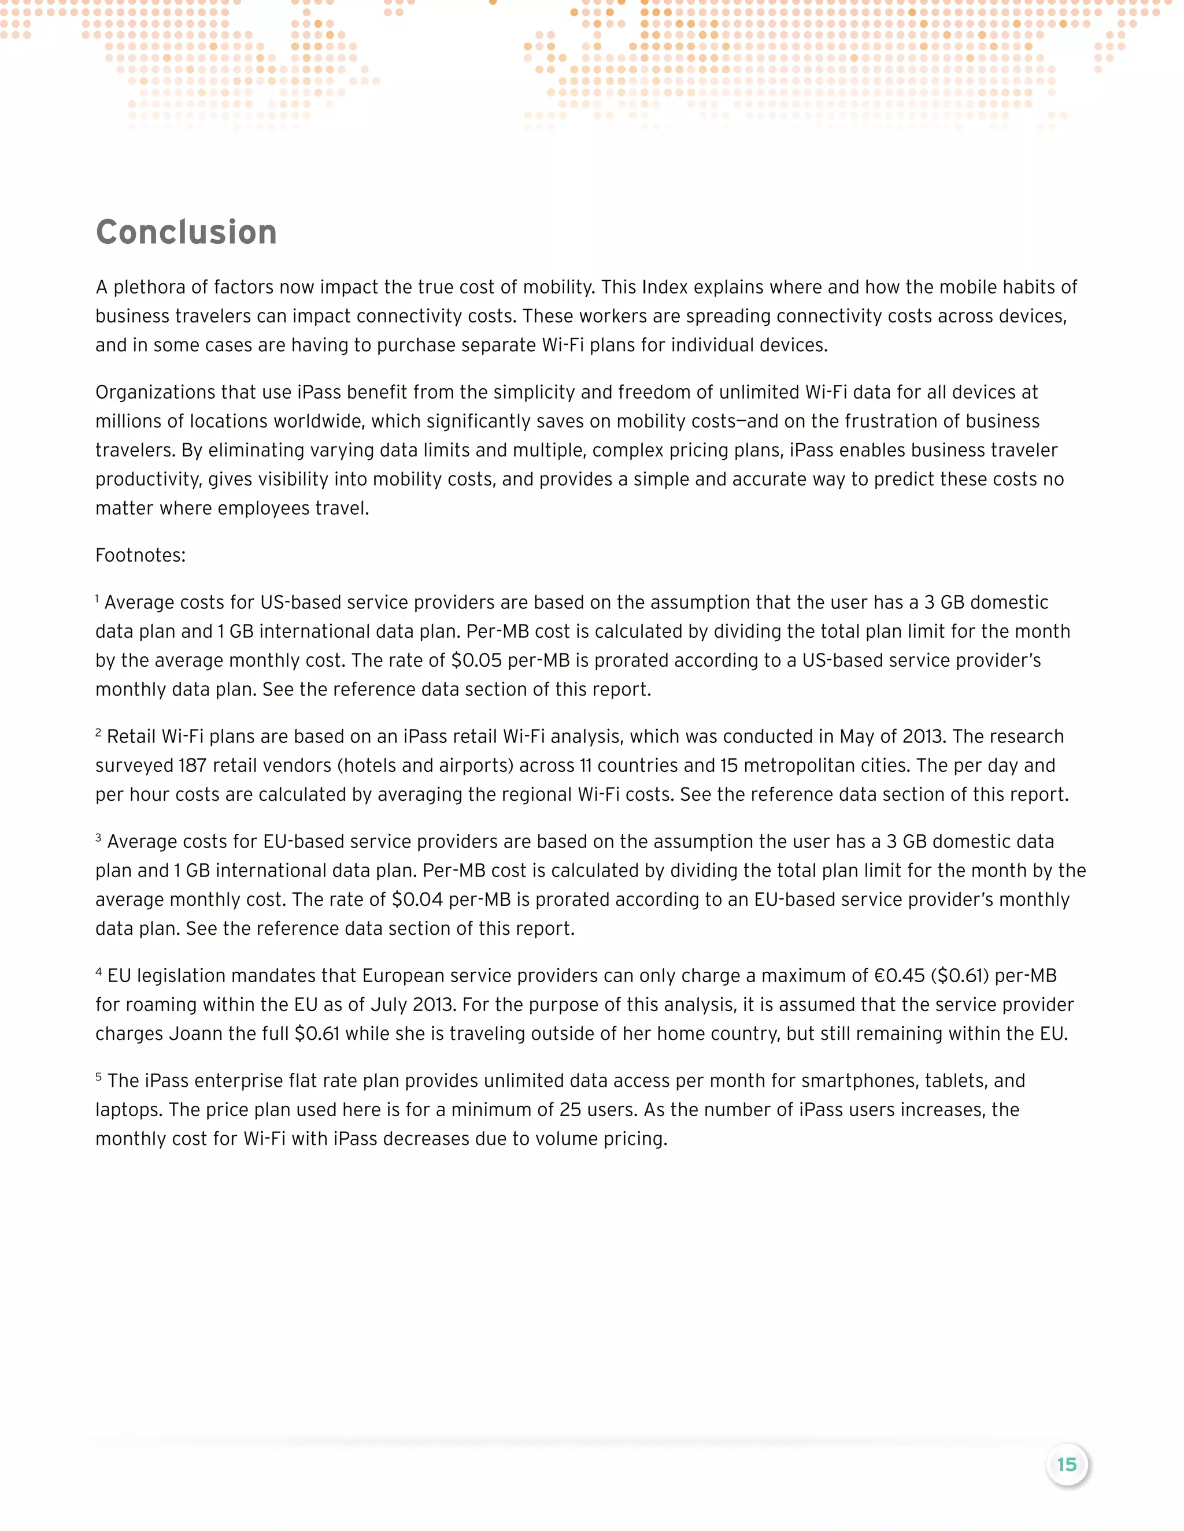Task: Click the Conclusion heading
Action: click(x=186, y=232)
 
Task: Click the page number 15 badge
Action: click(x=1066, y=1465)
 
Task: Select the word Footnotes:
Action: click(x=140, y=555)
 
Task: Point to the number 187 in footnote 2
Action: click(x=192, y=765)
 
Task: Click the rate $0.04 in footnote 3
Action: click(x=417, y=900)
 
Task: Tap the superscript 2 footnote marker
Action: click(x=99, y=732)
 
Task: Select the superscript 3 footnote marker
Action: click(x=99, y=837)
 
